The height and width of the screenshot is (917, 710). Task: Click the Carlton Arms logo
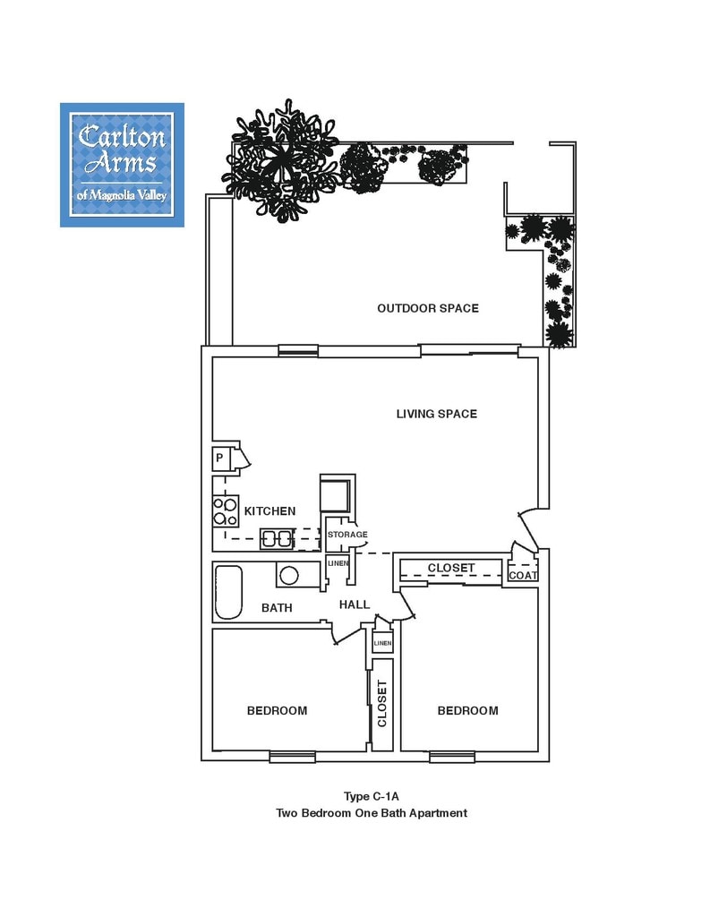pyautogui.click(x=123, y=165)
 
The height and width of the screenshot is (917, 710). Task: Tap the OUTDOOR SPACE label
pyautogui.click(x=427, y=308)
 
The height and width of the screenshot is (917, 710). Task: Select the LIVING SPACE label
pyautogui.click(x=436, y=414)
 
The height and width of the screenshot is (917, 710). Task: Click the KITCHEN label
pyautogui.click(x=269, y=511)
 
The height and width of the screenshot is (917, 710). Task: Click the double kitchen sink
pyautogui.click(x=277, y=538)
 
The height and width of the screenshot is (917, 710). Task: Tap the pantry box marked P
pyautogui.click(x=220, y=458)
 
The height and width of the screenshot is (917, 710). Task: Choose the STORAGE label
pyautogui.click(x=347, y=535)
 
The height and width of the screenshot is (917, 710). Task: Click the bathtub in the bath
pyautogui.click(x=228, y=592)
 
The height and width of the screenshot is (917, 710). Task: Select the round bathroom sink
pyautogui.click(x=289, y=576)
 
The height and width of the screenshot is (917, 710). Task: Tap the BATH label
pyautogui.click(x=277, y=608)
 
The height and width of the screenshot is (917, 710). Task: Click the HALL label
pyautogui.click(x=355, y=604)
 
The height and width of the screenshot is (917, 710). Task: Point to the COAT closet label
pyautogui.click(x=523, y=576)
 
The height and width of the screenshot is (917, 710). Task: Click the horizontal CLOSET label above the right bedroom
pyautogui.click(x=451, y=568)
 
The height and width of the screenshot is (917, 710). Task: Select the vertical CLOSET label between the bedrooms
pyautogui.click(x=382, y=704)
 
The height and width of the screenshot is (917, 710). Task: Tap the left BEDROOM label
pyautogui.click(x=277, y=710)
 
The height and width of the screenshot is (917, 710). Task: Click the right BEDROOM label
pyautogui.click(x=468, y=710)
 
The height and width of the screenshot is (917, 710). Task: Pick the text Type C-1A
pyautogui.click(x=371, y=796)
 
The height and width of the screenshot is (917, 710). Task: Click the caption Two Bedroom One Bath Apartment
pyautogui.click(x=372, y=813)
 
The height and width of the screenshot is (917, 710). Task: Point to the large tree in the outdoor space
pyautogui.click(x=281, y=161)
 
